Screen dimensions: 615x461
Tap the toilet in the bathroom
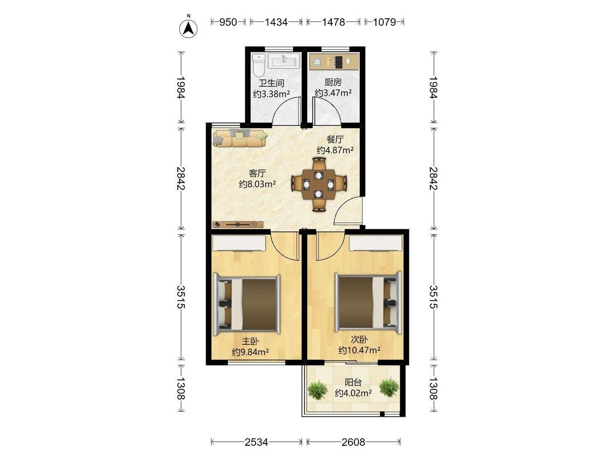(x=259, y=65)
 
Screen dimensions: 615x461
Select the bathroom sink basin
(x=284, y=62)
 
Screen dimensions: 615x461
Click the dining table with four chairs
(x=319, y=184)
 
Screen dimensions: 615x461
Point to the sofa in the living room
(x=239, y=138)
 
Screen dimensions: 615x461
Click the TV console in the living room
(x=238, y=224)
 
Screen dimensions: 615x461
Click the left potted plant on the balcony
(x=317, y=389)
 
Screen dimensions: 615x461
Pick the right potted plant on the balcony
(x=389, y=387)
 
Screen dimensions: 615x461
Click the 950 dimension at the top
(x=228, y=22)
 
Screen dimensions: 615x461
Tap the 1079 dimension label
(x=384, y=22)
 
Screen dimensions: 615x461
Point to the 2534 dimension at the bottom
(x=256, y=442)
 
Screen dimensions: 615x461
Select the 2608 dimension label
(x=353, y=442)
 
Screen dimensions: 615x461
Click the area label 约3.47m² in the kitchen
(x=333, y=93)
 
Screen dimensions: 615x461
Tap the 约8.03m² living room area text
(x=257, y=184)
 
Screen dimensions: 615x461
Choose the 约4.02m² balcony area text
(x=353, y=393)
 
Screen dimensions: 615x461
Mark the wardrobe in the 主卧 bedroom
(x=239, y=243)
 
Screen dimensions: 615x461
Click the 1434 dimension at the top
(x=276, y=22)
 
